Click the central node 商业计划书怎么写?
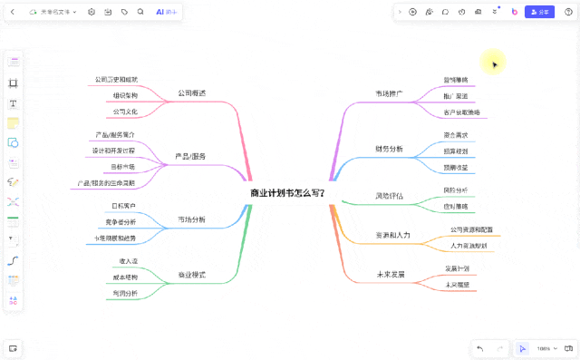[287, 193]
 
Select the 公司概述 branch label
[191, 93]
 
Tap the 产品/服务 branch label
[190, 156]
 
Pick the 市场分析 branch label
[191, 219]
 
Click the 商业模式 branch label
[191, 274]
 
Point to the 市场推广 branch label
[389, 93]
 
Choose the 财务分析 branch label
[389, 148]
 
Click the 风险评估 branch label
[389, 196]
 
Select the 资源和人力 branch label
[392, 235]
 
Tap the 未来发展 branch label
[390, 274]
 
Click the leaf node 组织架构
[126, 95]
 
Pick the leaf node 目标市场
[122, 167]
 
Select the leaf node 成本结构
[125, 277]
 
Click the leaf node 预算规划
[456, 151]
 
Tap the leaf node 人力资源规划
[469, 246]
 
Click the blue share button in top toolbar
[540, 12]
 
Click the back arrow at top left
[12, 12]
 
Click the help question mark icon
[568, 12]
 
